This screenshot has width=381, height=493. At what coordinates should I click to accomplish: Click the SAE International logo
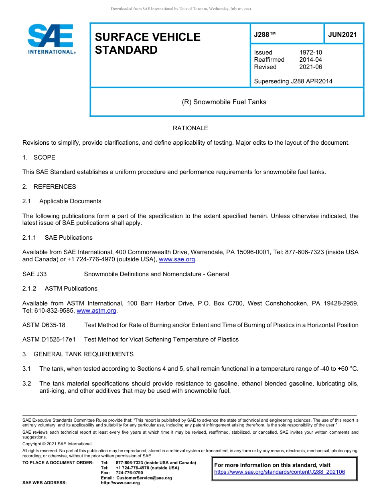click(51, 39)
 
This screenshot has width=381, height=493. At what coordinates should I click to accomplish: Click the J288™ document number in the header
click(265, 34)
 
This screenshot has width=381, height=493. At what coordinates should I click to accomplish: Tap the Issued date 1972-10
click(310, 53)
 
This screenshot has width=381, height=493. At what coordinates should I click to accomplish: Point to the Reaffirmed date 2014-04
click(310, 60)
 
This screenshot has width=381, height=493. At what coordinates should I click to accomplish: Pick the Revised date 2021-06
click(310, 67)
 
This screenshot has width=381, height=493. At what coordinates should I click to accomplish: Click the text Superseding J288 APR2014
click(293, 81)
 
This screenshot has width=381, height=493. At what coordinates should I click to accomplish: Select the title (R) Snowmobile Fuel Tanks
click(224, 102)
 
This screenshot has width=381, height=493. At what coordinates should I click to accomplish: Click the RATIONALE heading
click(190, 128)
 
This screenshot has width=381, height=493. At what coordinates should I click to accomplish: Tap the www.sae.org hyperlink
click(177, 260)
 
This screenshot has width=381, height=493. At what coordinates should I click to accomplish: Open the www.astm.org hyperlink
click(96, 311)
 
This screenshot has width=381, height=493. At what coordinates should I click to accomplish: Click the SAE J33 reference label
click(35, 274)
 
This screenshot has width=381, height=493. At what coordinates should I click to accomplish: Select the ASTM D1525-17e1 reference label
click(49, 339)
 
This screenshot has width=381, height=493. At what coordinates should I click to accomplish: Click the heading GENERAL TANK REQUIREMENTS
click(83, 354)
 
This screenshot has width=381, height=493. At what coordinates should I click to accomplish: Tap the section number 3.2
click(26, 384)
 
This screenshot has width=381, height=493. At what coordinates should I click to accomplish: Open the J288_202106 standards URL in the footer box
click(280, 472)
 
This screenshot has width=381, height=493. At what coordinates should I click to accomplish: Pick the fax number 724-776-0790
click(129, 473)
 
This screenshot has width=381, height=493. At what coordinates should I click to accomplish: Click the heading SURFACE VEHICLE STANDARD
click(147, 43)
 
